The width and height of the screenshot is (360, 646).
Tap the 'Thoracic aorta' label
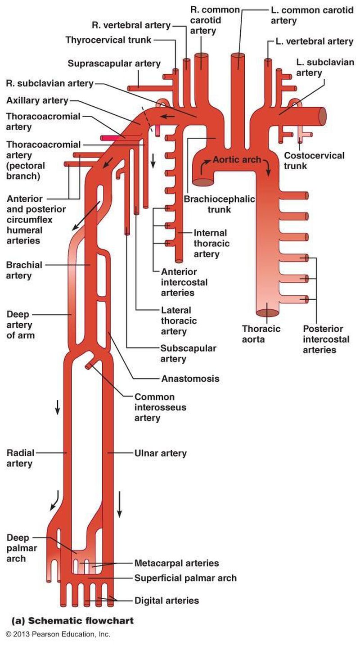point(261,334)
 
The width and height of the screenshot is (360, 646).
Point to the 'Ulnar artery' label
point(160,453)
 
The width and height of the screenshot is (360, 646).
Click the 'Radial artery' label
point(19,458)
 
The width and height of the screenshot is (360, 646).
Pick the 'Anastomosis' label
point(190,378)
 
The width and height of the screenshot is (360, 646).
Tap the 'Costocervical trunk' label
point(314,161)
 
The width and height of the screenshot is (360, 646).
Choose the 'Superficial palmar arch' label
point(185,578)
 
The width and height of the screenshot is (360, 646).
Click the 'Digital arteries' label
point(166,600)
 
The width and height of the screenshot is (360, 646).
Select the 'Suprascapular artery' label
point(114,63)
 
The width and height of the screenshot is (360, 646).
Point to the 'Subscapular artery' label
point(189,353)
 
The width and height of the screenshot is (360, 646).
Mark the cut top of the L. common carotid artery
point(238,56)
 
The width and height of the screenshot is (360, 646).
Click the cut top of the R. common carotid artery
point(201,56)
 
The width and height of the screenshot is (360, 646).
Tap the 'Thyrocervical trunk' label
point(108,40)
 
